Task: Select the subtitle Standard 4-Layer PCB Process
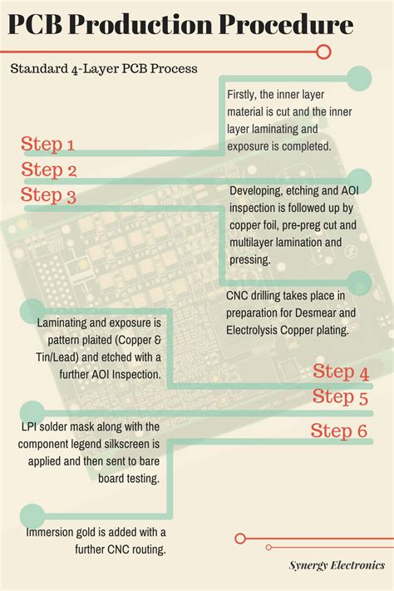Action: tap(104, 68)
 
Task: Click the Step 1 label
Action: tap(48, 145)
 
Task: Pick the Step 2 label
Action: tap(48, 170)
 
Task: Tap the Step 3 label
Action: tap(48, 196)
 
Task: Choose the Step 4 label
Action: tap(341, 372)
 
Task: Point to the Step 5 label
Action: tap(341, 397)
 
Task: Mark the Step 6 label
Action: tap(339, 431)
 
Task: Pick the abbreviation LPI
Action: tap(30, 427)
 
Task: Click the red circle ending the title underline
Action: tap(325, 52)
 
